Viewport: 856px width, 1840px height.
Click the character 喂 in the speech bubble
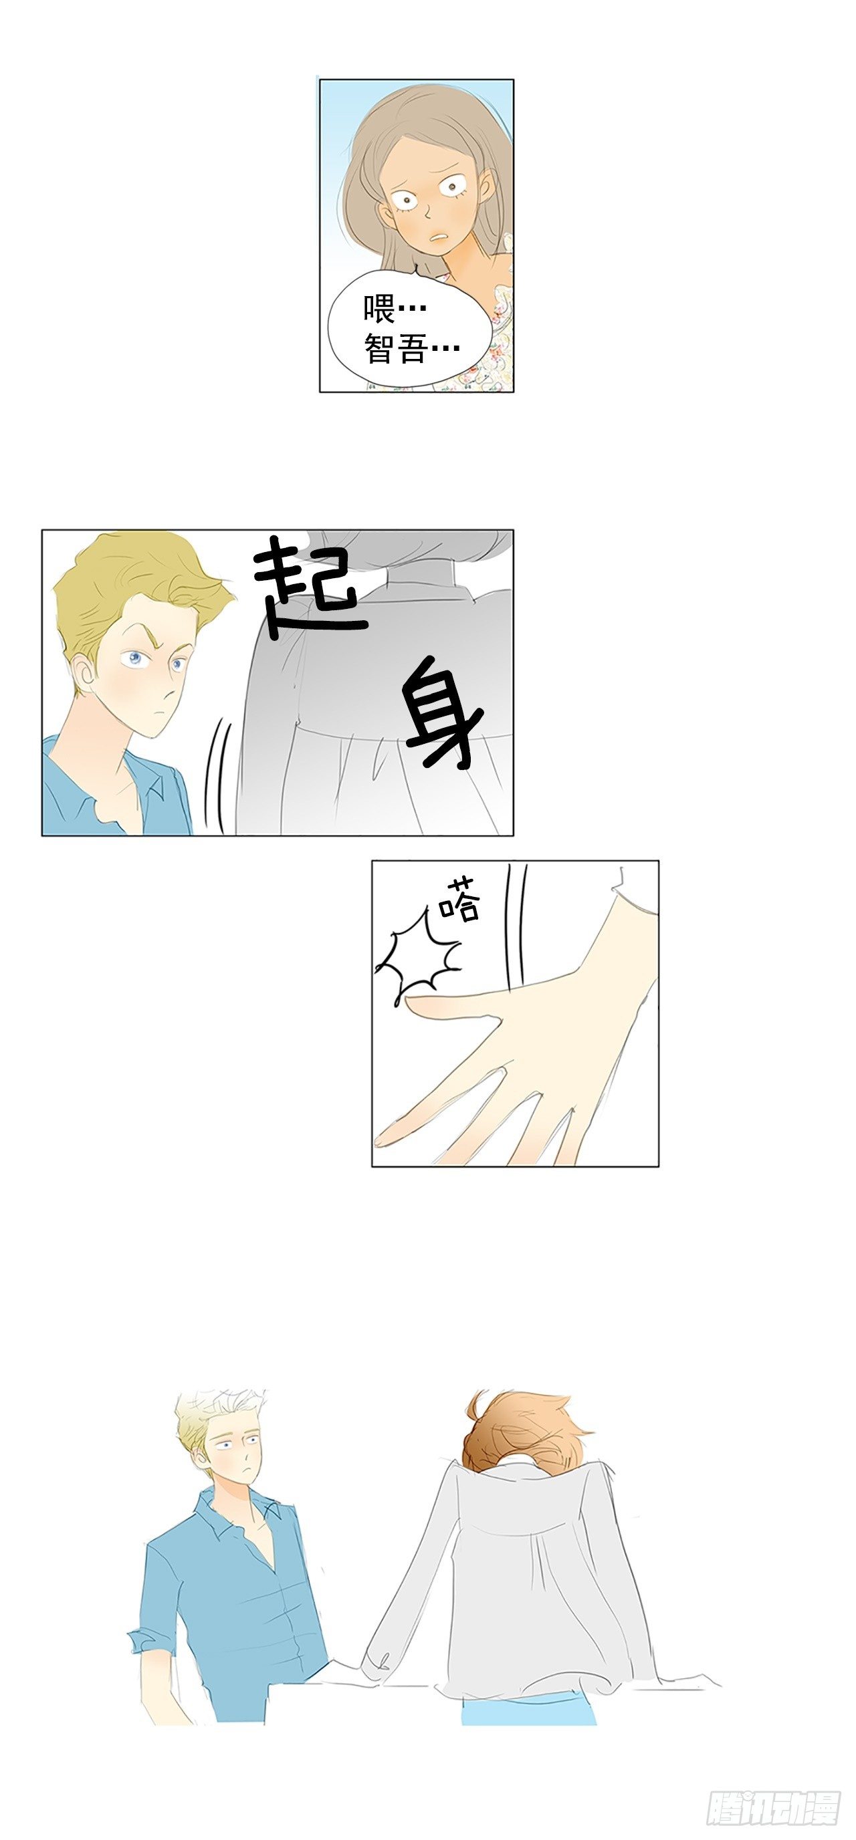pos(379,309)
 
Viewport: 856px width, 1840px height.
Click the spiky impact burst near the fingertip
pos(418,957)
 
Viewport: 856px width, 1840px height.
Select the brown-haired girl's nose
pos(425,210)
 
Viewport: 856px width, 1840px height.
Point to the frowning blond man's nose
pos(169,689)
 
